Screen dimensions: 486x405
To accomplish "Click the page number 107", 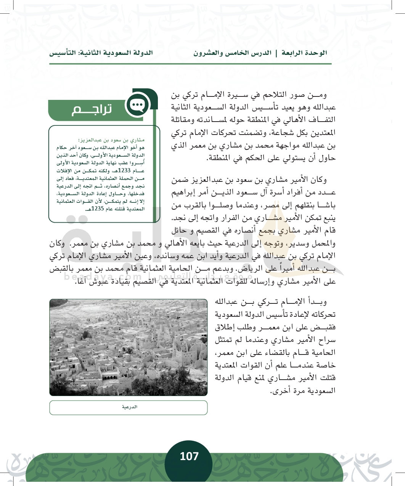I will pyautogui.click(x=189, y=456).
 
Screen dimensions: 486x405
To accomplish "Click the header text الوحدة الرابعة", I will pyautogui.click(x=304, y=53).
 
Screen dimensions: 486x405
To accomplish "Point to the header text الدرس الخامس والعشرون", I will pyautogui.click(x=232, y=53).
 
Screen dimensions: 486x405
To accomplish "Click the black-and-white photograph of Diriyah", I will pyautogui.click(x=128, y=347).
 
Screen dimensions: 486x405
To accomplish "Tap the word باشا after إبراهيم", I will pyautogui.click(x=328, y=206).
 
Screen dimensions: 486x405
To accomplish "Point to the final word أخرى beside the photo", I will pyautogui.click(x=280, y=391).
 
